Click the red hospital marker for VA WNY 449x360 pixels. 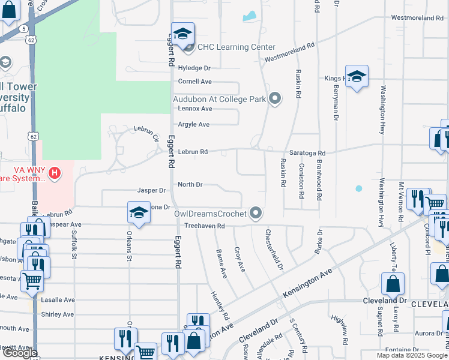pos(55,173)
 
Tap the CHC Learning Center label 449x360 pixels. pos(237,47)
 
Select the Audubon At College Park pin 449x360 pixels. pos(276,98)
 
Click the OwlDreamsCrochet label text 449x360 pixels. pos(210,213)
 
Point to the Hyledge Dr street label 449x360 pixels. pos(194,68)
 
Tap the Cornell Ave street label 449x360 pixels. pos(195,82)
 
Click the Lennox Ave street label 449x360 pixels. pos(195,109)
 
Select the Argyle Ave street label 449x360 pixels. pos(193,124)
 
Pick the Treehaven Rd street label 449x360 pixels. pos(204,226)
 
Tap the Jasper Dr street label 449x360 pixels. pos(151,190)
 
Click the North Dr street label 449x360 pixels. pos(190,184)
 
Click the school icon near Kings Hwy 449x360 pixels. pos(357,77)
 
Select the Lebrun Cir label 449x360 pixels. pos(146,131)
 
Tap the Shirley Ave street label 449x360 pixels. pos(58,314)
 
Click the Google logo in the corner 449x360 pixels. pos(19,353)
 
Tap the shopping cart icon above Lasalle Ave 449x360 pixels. pos(31,280)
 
